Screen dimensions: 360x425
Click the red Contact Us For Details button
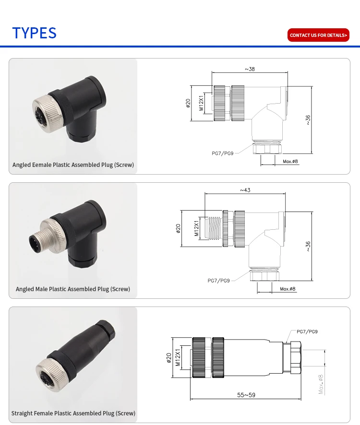pyautogui.click(x=318, y=35)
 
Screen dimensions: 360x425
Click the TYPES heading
pyautogui.click(x=35, y=33)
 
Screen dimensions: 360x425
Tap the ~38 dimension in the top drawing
pyautogui.click(x=250, y=69)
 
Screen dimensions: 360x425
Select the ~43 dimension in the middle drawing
pyautogui.click(x=245, y=190)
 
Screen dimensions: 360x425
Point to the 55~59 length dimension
pyautogui.click(x=246, y=395)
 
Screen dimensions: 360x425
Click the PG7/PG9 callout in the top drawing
pyautogui.click(x=222, y=153)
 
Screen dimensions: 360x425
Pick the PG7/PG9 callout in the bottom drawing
pyautogui.click(x=307, y=331)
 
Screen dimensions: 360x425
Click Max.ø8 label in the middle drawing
pyautogui.click(x=288, y=289)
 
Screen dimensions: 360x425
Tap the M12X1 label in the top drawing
pyautogui.click(x=201, y=103)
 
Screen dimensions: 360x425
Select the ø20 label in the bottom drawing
pyautogui.click(x=169, y=358)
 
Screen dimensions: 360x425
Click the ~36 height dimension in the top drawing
pyautogui.click(x=308, y=120)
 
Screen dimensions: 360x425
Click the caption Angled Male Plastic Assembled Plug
pyautogui.click(x=72, y=289)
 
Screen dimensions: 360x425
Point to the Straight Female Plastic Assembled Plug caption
pyautogui.click(x=73, y=413)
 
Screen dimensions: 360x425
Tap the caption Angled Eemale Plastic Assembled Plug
pyautogui.click(x=73, y=165)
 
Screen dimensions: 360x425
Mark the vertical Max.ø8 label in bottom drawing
pyautogui.click(x=321, y=384)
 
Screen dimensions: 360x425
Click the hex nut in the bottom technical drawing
pyautogui.click(x=295, y=358)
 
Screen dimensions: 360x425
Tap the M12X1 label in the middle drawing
pyautogui.click(x=197, y=228)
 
